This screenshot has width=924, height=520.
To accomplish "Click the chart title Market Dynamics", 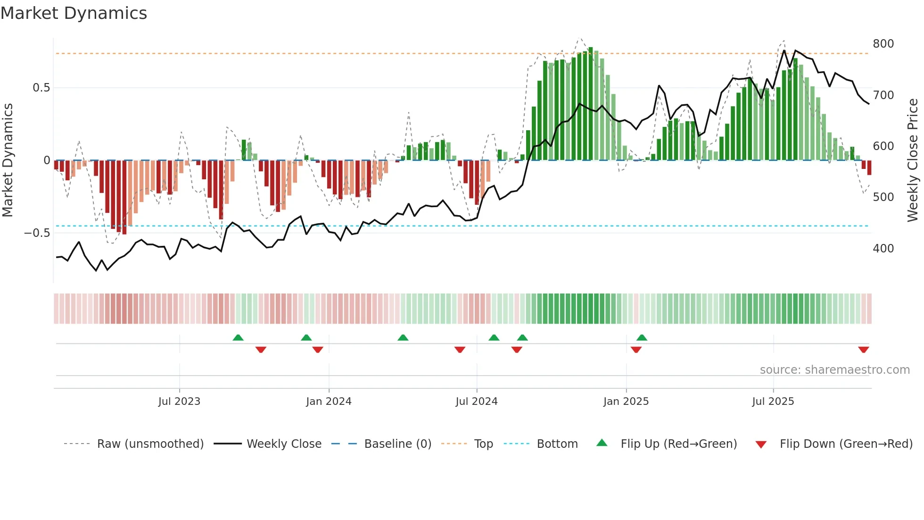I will point(74,13).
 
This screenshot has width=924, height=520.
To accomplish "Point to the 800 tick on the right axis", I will point(883,44).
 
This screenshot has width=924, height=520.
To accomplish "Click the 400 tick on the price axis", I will point(883,249).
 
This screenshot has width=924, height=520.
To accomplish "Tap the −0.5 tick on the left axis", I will point(37,233).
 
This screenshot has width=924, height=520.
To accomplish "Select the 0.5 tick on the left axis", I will point(41,88).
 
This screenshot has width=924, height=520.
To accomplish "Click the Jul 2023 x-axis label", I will point(179,402).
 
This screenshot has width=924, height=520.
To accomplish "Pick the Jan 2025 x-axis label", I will point(626,402).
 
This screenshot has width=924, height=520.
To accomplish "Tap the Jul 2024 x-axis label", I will point(476,402).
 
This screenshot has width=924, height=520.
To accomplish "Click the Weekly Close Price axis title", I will point(913,160).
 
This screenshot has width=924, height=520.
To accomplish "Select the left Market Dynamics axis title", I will point(8,160).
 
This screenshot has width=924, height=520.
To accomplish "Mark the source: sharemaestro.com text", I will point(834,370).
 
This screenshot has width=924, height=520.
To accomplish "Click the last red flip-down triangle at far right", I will point(863,350).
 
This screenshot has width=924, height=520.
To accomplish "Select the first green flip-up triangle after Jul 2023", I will point(238,337).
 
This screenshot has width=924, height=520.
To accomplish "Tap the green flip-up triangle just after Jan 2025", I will point(642,337).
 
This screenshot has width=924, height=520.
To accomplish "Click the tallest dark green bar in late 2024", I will point(590,104).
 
